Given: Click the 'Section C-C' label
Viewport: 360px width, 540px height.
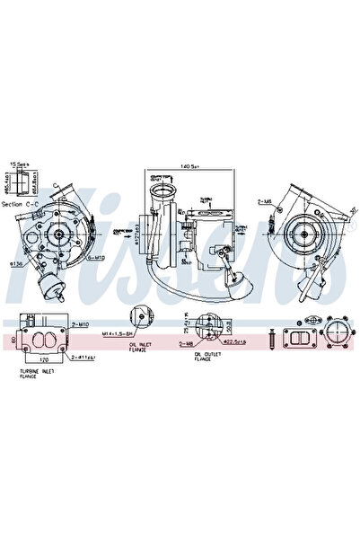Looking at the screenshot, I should (x=19, y=204).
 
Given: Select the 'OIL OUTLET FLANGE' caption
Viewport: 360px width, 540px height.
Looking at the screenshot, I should (x=202, y=358).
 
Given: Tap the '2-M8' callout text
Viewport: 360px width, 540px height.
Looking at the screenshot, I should (x=187, y=343).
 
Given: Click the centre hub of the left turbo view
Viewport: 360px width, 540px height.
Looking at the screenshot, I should (x=58, y=235).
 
